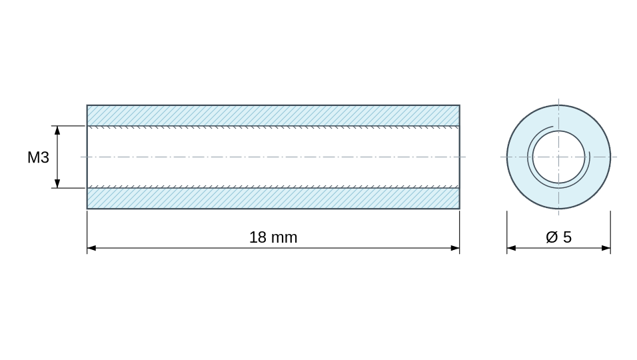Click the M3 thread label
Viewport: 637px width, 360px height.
(38, 157)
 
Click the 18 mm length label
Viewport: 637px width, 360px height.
(273, 237)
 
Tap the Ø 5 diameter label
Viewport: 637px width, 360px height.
(558, 237)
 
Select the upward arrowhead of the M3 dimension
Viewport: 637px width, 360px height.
(57, 131)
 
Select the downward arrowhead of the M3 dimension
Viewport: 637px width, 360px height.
(57, 183)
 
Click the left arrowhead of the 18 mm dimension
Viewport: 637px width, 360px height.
(91, 248)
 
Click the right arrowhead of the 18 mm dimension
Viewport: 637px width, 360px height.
(455, 248)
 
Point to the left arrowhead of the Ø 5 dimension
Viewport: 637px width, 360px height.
(512, 248)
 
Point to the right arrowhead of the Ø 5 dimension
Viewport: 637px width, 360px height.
(606, 248)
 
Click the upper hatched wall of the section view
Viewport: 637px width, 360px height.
(273, 115)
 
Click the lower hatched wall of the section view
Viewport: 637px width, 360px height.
(273, 198)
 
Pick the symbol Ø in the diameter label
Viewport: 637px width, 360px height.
(552, 237)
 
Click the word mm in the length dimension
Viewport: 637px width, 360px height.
(285, 238)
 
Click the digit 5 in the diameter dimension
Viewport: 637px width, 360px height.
(568, 237)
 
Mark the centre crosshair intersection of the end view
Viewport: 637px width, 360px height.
(558, 157)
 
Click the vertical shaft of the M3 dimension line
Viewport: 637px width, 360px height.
(57, 157)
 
